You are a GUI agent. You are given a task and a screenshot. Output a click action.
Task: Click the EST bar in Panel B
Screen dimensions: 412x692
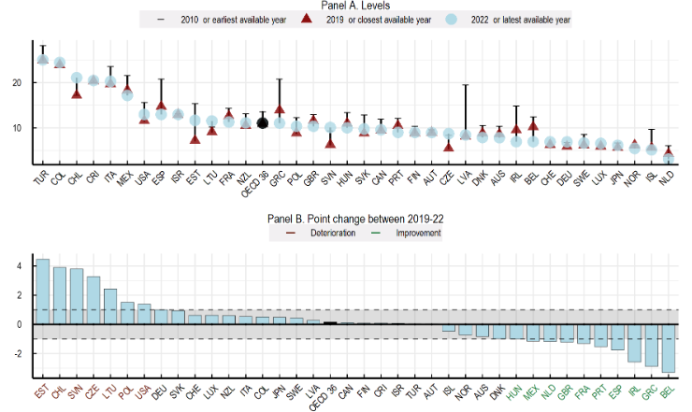(x=42, y=291)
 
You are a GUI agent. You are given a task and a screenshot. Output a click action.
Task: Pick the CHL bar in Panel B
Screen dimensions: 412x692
(x=59, y=296)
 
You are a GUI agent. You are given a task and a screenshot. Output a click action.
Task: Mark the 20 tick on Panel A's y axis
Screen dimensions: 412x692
(x=16, y=83)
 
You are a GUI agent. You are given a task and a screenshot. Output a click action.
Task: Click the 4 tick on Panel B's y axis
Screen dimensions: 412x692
(x=16, y=266)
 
